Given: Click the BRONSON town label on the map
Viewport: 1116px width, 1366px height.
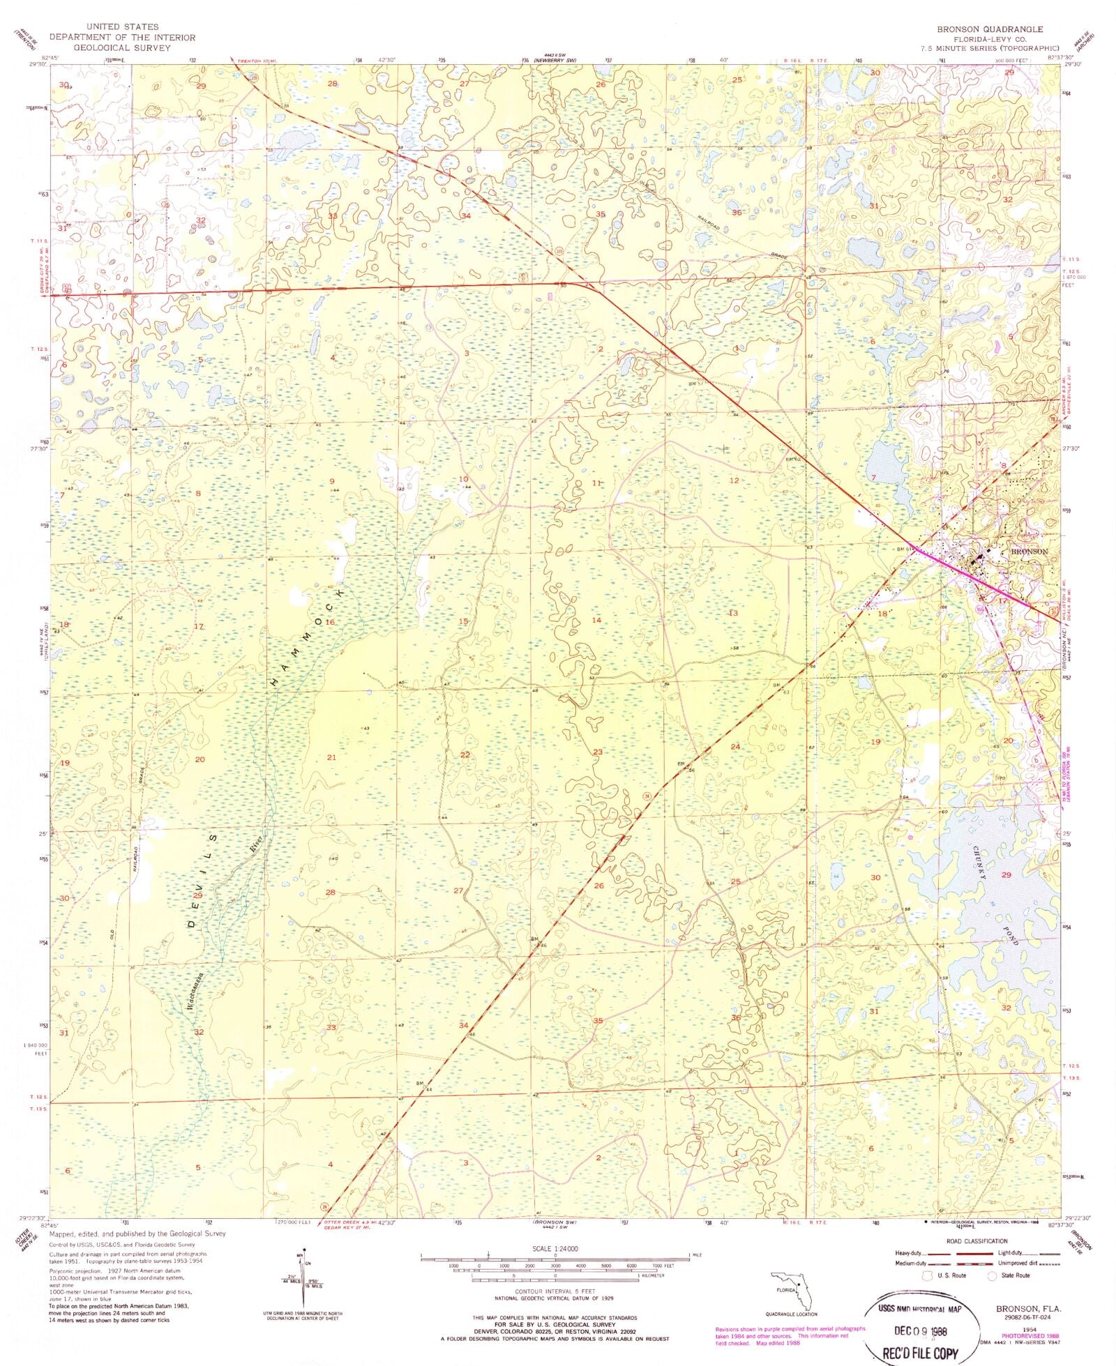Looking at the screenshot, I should click(x=1029, y=551).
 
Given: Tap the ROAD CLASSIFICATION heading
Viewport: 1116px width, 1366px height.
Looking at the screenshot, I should click(x=976, y=1241).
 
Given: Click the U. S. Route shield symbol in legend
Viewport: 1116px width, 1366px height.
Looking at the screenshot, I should click(x=928, y=1275).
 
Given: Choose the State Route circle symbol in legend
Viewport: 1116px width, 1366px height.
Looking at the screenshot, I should click(x=992, y=1275).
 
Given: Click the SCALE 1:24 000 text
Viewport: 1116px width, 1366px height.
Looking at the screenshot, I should click(x=554, y=1249).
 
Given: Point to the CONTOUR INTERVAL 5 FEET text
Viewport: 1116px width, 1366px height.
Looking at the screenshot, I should click(x=555, y=1292).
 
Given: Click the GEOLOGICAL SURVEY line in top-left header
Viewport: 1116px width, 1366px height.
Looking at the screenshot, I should click(x=122, y=48).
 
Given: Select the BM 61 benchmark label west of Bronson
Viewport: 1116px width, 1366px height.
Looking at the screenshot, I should click(x=905, y=549).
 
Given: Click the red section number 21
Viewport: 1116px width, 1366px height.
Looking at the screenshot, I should click(x=331, y=757).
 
